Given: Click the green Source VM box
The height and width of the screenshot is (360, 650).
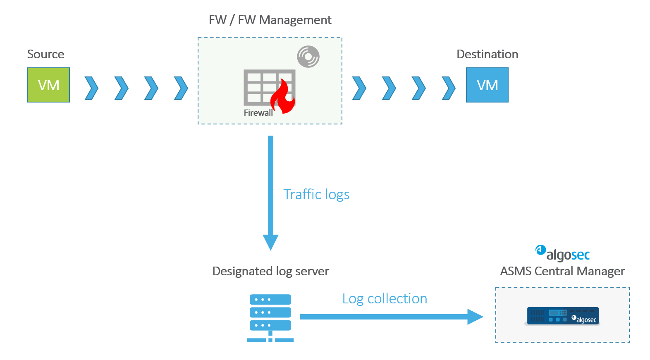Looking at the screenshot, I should pos(48,85).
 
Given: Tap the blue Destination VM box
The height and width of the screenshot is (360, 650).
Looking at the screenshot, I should pos(487,85).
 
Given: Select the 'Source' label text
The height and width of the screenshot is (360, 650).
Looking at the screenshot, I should pos(45,54).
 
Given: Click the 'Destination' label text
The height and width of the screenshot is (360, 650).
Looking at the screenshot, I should pos(487,54).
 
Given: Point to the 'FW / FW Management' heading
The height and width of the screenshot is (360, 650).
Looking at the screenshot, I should pos(270,20).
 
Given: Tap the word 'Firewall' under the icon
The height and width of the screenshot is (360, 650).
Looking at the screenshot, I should pos(258,113).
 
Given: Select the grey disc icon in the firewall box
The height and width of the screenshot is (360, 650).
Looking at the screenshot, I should pos(308,57).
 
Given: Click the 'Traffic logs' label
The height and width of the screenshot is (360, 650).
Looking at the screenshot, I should pos(316,194).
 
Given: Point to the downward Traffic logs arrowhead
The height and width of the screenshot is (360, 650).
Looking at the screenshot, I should pos(270,242).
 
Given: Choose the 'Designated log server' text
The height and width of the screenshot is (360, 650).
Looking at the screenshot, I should pos(270,271).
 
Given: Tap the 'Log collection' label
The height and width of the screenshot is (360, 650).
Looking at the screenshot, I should pos(385,299).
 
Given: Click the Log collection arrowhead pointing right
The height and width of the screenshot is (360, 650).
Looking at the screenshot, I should pos(475,317).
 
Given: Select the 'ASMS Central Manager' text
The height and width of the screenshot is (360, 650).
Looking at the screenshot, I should pos(562,271).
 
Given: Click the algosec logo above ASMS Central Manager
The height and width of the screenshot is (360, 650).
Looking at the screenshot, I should pos(563,253).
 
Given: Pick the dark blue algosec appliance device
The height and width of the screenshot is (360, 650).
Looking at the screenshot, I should pos(562,316).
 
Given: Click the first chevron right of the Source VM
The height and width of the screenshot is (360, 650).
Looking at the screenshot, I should pos(91,88).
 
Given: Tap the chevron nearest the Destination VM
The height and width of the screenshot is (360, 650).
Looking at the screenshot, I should pos(449,88).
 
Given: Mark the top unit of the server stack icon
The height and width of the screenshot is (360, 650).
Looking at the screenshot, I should pos(270,299).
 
